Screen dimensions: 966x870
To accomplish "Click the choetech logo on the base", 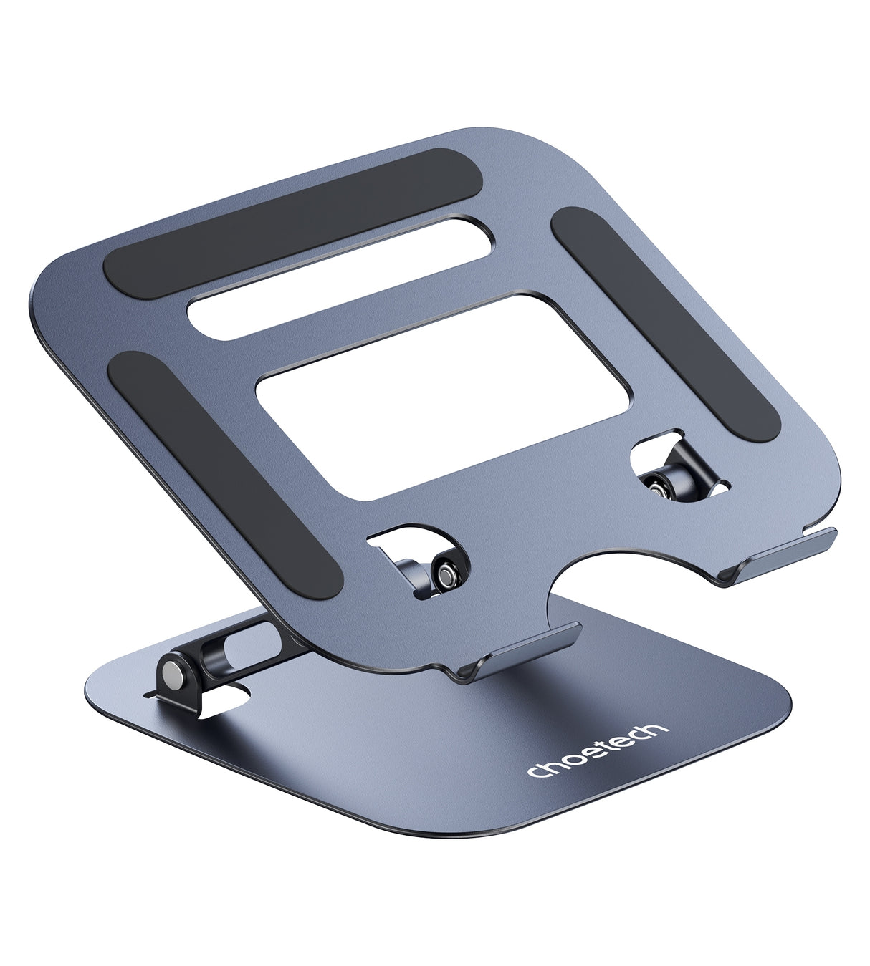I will pyautogui.click(x=598, y=751).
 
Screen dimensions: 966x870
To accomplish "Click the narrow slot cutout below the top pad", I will pyautogui.click(x=340, y=278).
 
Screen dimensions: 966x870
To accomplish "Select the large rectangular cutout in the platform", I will pyautogui.click(x=443, y=396).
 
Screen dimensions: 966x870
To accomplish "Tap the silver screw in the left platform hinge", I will pyautogui.click(x=446, y=574).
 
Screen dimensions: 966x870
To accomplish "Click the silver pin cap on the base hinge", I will pyautogui.click(x=173, y=673).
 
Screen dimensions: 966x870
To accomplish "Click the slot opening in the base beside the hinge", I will pyautogui.click(x=226, y=697).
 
